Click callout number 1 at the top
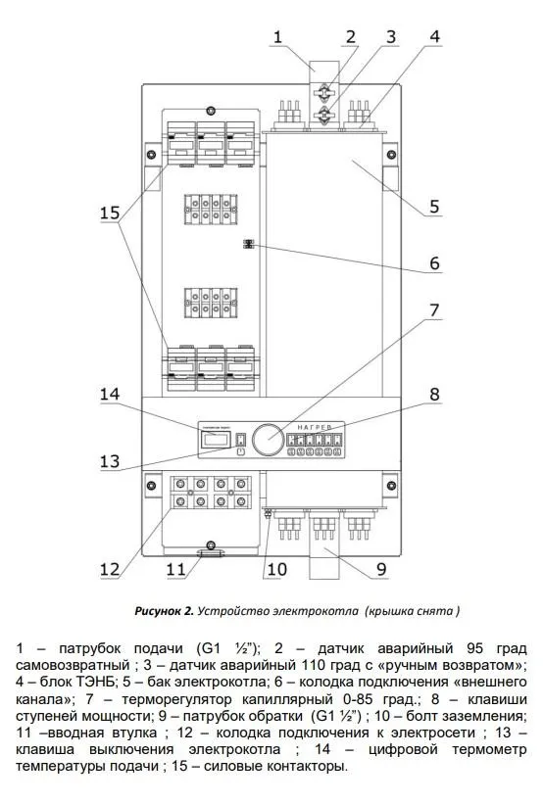pyautogui.click(x=278, y=39)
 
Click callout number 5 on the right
pyautogui.click(x=434, y=208)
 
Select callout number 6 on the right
pyautogui.click(x=434, y=264)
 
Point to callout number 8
pyautogui.click(x=434, y=396)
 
